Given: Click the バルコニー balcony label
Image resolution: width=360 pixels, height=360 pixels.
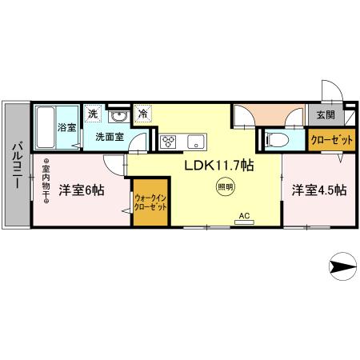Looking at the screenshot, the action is [17, 166].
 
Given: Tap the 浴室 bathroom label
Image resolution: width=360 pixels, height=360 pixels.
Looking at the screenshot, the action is [66, 127].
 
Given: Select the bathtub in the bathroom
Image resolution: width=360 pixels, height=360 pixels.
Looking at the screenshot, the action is [46, 127].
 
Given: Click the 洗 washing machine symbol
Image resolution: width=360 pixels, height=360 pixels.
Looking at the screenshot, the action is [93, 114].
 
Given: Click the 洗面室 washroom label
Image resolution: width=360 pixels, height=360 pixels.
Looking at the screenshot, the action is [110, 137].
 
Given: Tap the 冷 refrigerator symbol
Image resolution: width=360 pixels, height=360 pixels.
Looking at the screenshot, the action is [143, 114].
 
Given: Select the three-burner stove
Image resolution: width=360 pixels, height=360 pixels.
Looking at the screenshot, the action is [168, 142].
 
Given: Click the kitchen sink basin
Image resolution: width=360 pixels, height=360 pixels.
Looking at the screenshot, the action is [196, 142].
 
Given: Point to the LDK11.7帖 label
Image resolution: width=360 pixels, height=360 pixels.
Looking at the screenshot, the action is [219, 166].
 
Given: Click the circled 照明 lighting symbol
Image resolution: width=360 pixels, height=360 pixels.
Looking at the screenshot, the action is [226, 187].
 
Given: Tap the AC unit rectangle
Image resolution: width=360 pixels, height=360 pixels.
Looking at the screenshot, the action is [244, 222].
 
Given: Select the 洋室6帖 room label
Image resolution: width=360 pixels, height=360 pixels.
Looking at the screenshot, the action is [82, 190].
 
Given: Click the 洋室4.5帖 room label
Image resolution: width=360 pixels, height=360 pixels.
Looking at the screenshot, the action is [319, 190].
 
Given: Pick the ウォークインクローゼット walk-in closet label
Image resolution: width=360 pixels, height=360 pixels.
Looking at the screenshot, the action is [150, 202].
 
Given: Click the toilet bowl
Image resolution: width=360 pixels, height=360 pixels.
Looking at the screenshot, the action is [278, 140].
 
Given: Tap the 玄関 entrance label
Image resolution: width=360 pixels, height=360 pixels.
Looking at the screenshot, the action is [326, 114].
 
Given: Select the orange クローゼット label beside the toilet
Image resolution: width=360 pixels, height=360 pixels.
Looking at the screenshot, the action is [332, 140].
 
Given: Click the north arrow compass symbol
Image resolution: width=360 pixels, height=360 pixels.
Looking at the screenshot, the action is [343, 266].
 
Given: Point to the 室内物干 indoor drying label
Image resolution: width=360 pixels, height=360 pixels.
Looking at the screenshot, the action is [46, 181].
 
